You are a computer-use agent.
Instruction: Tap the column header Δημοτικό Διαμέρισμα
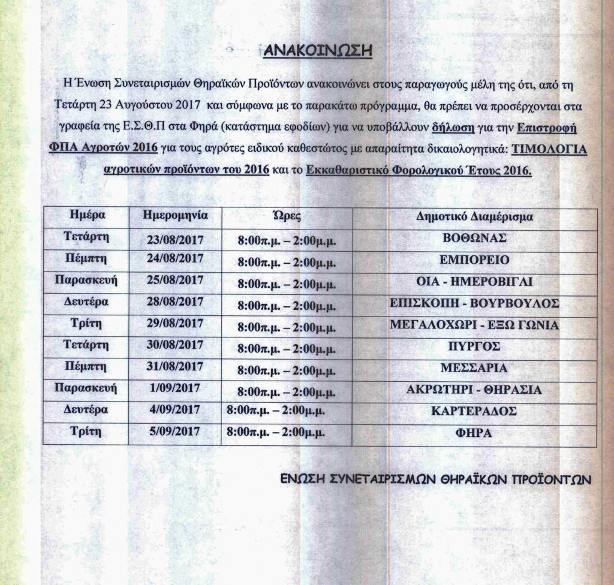474,216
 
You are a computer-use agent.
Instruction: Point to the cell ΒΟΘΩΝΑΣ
474,237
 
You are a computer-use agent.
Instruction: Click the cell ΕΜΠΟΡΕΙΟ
474,260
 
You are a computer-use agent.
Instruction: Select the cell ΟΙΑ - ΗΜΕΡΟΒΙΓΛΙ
474,282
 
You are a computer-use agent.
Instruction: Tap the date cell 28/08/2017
175,301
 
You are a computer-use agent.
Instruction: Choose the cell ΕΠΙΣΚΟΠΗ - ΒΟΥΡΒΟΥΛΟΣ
474,303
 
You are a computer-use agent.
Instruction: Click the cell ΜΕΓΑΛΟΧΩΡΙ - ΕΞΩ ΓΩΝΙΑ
474,325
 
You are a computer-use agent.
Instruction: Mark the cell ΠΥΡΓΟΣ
474,346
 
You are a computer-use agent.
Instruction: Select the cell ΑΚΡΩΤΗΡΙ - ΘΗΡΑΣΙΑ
474,390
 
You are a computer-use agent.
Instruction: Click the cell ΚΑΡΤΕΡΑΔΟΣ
474,412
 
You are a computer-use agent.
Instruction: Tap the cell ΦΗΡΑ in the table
474,433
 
